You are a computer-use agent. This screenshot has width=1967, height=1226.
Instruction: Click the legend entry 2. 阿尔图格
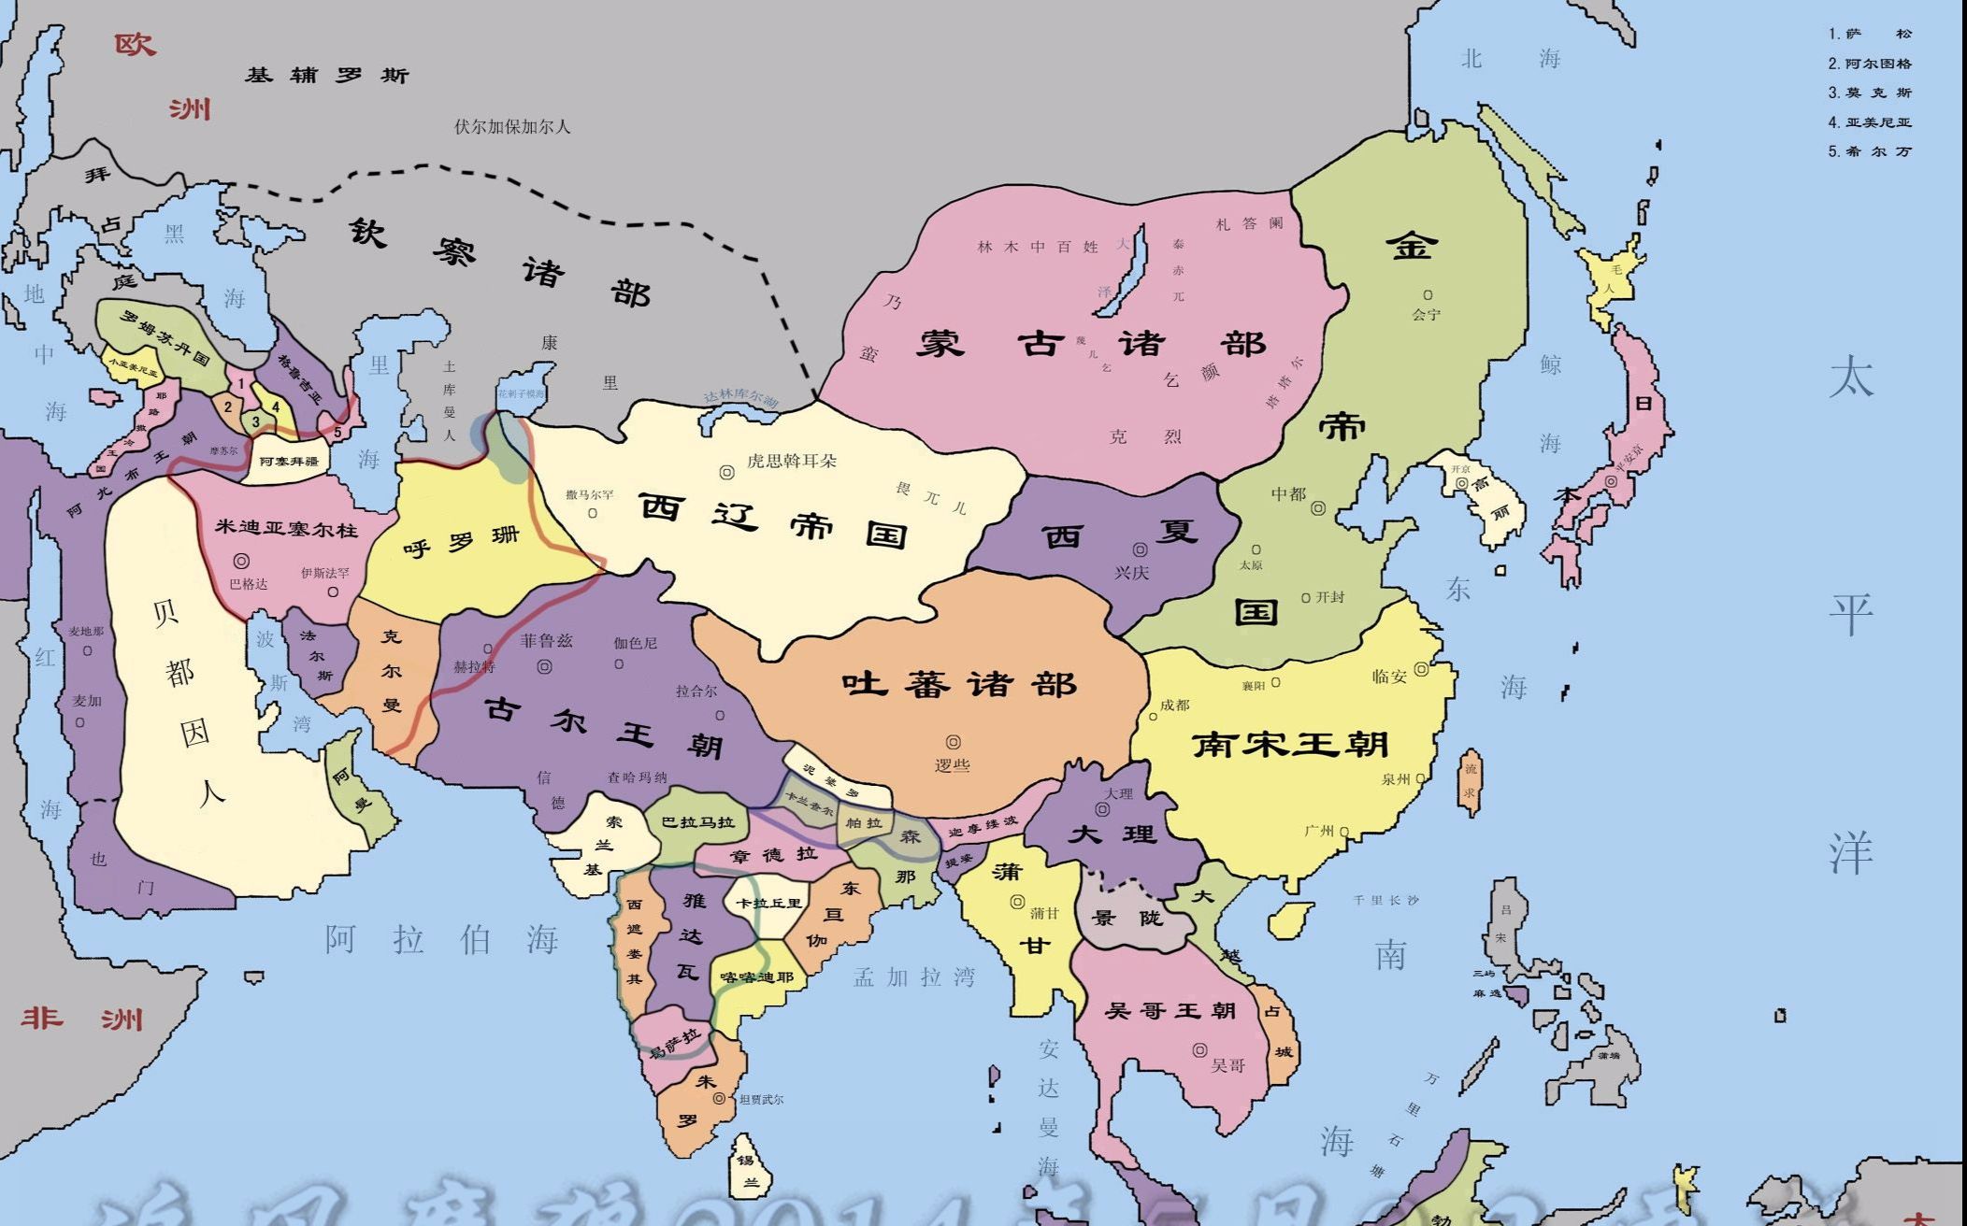point(1870,64)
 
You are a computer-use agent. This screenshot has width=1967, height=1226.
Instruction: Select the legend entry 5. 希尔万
point(1870,151)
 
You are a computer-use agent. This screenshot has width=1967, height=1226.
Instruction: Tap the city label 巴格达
point(249,584)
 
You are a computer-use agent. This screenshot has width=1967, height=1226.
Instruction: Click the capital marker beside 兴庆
point(1141,550)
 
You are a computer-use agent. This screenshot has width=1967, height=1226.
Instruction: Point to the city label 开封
point(1329,597)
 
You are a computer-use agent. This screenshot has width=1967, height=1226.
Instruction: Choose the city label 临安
point(1389,677)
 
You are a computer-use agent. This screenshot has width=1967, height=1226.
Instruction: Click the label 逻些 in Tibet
point(953,765)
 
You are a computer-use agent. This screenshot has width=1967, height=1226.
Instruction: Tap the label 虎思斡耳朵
point(792,461)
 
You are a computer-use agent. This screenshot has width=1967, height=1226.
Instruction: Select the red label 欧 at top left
point(135,44)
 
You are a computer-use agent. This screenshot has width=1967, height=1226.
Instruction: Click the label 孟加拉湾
point(913,977)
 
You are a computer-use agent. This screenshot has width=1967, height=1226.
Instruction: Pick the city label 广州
point(1319,831)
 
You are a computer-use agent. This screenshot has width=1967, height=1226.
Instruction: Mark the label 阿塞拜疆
point(289,461)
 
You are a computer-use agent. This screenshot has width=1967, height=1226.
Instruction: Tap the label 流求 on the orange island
point(1471,780)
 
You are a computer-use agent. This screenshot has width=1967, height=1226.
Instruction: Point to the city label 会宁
point(1426,315)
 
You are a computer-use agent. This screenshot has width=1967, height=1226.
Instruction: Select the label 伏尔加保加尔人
point(511,126)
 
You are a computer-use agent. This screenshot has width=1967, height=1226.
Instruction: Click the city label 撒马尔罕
point(589,494)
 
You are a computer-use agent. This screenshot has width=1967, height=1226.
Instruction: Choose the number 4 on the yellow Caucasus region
point(276,407)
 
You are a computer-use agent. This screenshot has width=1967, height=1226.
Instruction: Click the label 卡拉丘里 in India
point(768,904)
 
